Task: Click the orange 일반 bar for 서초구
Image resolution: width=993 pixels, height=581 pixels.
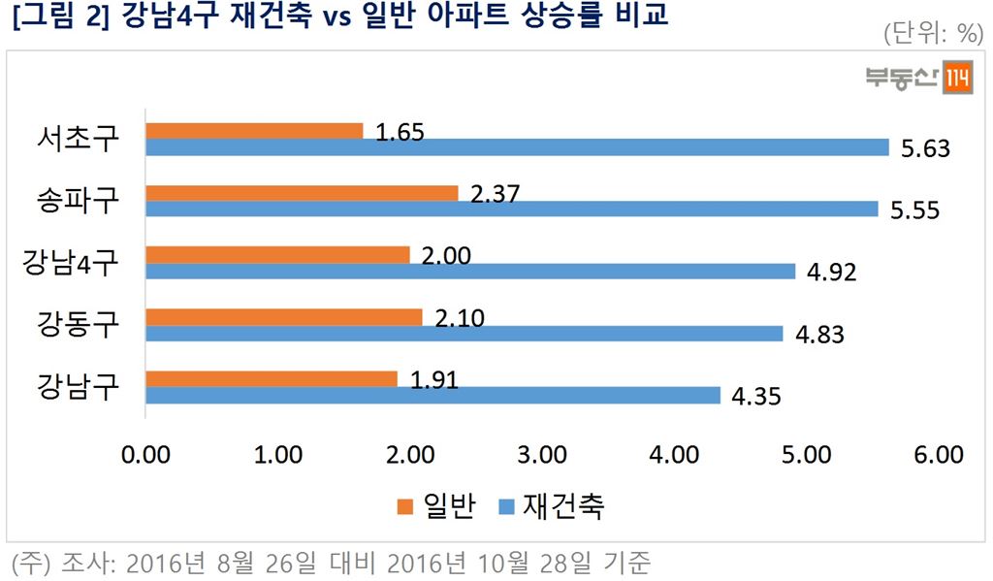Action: point(254,131)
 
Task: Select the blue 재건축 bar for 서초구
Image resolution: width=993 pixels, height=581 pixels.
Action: point(517,147)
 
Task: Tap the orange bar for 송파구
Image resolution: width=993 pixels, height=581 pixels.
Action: point(302,193)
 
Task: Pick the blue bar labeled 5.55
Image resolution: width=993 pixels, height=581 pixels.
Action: point(512,210)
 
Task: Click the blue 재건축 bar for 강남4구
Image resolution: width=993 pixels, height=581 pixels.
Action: point(470,272)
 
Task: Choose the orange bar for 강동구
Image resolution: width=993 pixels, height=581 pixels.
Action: point(284,317)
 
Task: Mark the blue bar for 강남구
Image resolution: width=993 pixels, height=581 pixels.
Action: point(432,396)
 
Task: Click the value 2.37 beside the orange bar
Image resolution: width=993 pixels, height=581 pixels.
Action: point(495,194)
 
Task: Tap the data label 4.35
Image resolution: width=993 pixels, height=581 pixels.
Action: point(754,396)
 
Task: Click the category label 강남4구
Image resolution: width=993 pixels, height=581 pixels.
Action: point(70,263)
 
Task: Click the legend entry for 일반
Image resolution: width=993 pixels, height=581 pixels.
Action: point(436,506)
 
